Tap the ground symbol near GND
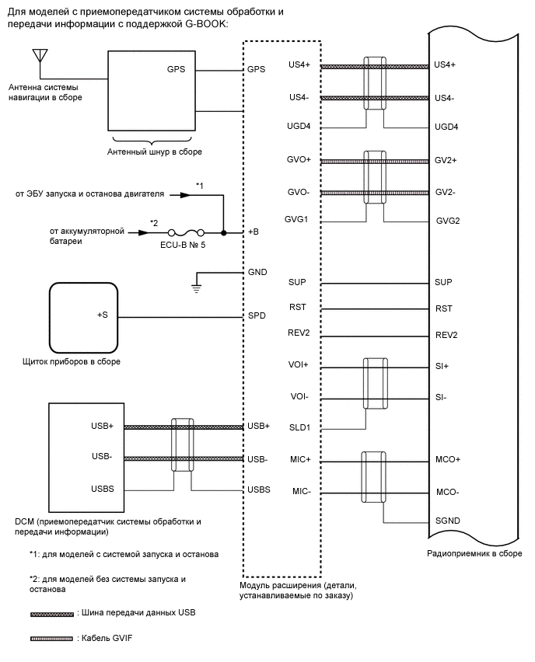point(198,287)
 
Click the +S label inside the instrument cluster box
point(102,315)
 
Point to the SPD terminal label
point(256,317)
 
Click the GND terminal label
point(257,273)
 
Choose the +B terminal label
point(254,232)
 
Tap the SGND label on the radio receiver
point(447,521)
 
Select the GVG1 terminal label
point(298,219)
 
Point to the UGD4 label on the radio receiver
point(446,127)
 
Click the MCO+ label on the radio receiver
point(447,459)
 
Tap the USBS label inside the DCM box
point(103,489)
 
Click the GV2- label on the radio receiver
point(446,191)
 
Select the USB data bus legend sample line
point(51,614)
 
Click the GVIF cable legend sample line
point(51,638)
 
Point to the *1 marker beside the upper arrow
point(199,186)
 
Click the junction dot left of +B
point(224,232)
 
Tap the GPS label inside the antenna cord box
point(177,68)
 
